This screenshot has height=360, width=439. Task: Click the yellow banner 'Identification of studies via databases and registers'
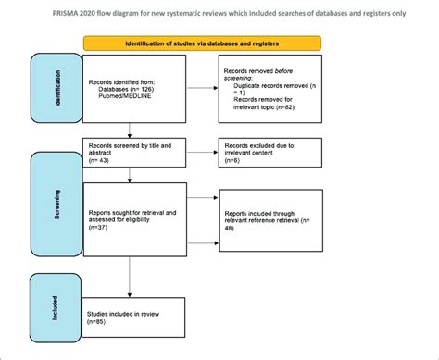coord(202,43)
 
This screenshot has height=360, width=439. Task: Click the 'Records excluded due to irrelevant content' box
coord(269,153)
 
